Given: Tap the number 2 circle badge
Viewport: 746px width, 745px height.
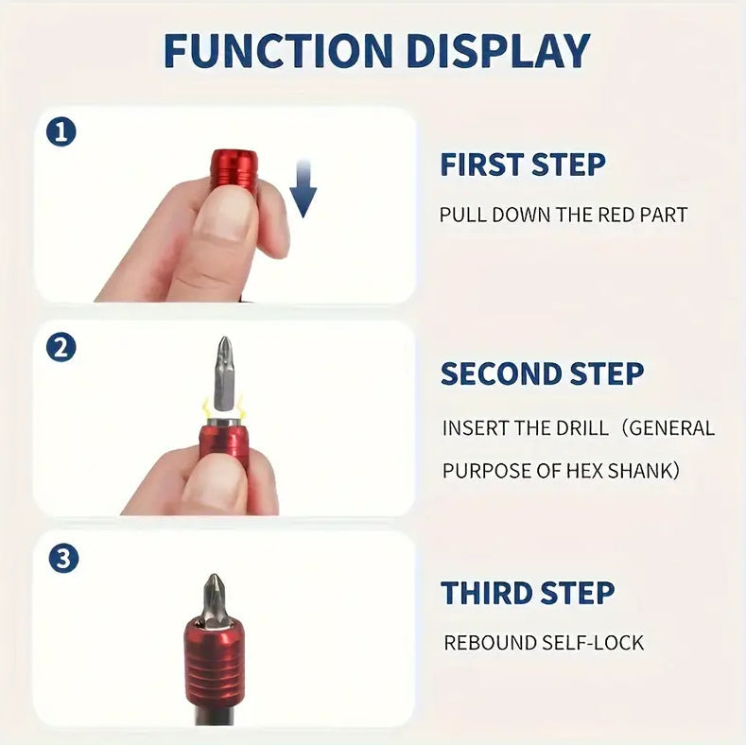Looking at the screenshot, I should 61,347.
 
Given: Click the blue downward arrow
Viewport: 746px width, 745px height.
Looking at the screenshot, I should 303,187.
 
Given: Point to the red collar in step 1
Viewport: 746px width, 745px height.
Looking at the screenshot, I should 234,171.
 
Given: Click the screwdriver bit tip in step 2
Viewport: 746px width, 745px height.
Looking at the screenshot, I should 223,362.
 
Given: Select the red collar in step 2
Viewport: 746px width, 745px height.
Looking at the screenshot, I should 224,440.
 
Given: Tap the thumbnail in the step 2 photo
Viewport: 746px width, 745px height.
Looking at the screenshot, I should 215,481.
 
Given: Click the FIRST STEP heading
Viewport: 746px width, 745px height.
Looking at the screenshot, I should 522,165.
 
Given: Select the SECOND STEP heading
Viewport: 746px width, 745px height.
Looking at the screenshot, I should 542,373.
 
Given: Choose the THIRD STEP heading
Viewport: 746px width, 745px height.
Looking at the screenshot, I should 528,593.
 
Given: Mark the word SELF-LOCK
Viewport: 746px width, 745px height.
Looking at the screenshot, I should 597,643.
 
